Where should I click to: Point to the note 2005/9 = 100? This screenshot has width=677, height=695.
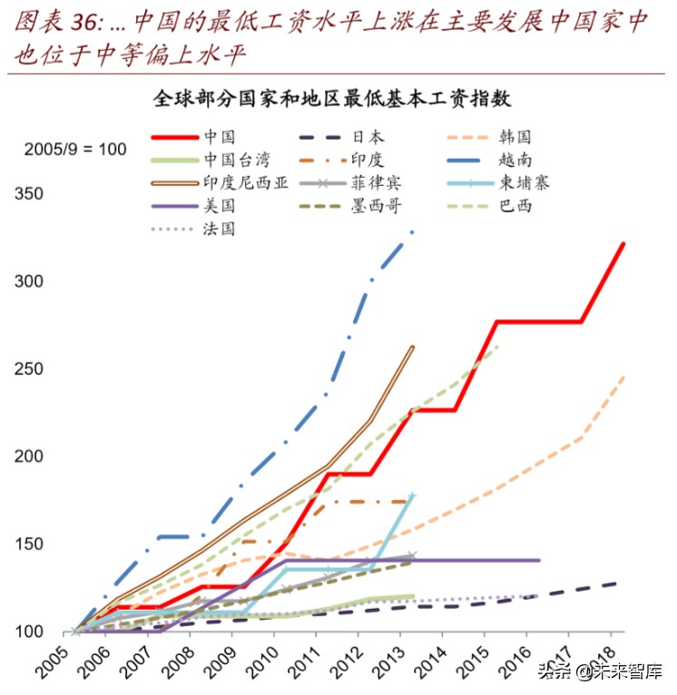tap(74, 149)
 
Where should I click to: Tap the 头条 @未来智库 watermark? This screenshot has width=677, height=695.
tap(600, 671)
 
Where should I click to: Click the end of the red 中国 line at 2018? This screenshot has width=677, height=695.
tap(623, 244)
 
